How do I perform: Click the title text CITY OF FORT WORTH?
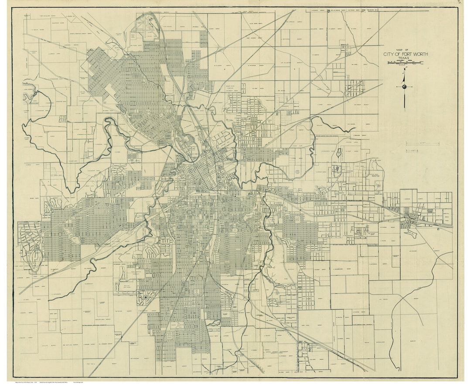(406, 54)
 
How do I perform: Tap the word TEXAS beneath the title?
(406, 59)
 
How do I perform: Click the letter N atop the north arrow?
(405, 69)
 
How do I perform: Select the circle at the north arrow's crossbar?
(405, 87)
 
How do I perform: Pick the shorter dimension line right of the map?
(413, 151)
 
